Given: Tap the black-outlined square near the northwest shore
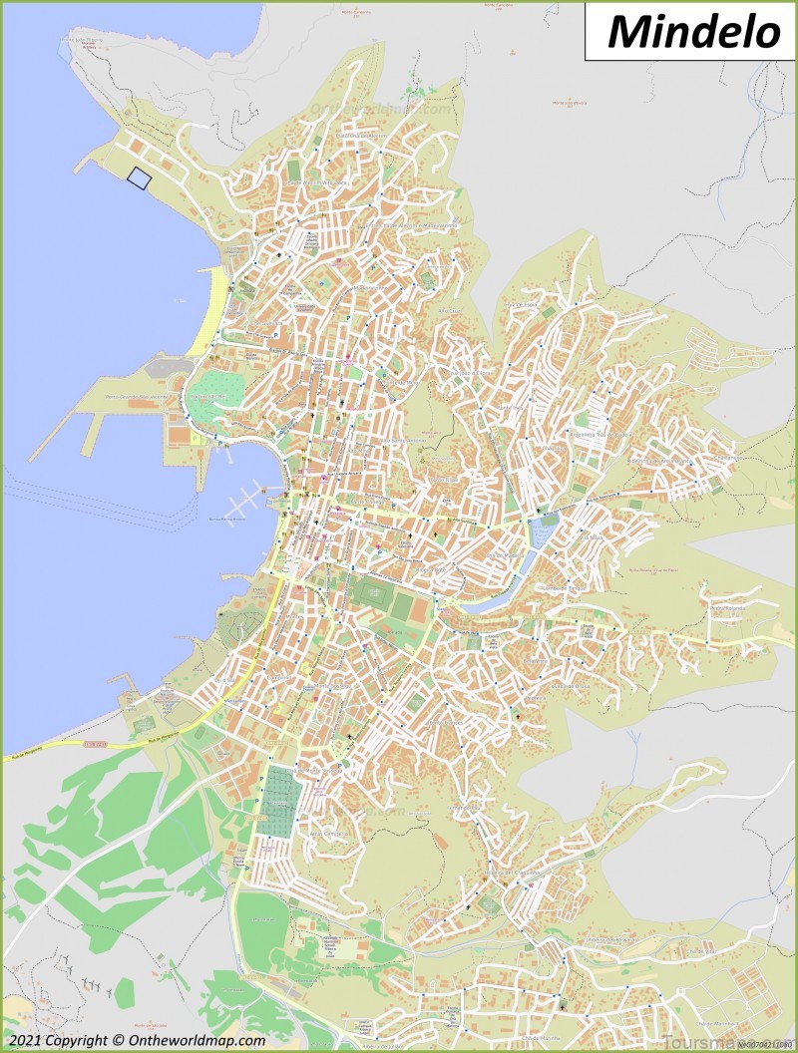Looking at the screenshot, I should click(x=137, y=178).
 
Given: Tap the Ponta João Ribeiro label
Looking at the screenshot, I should click(x=84, y=43).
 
